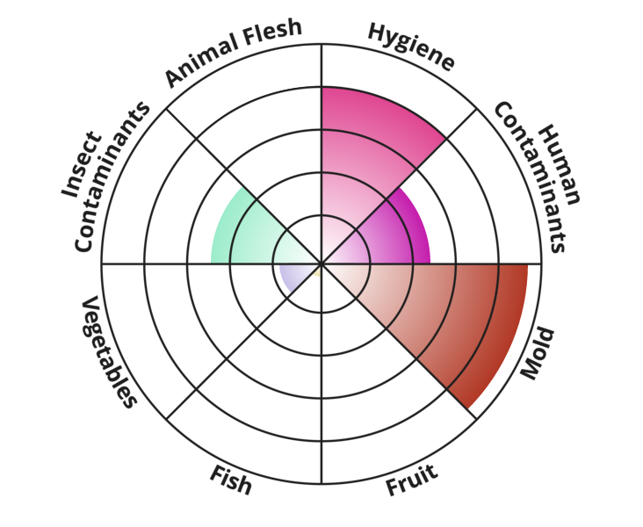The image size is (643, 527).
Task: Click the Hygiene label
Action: [x=411, y=47]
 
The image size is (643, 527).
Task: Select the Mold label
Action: [x=538, y=353]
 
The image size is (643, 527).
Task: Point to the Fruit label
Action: [x=412, y=480]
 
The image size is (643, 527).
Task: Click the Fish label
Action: [x=230, y=480]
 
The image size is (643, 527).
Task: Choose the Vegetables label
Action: [x=109, y=352]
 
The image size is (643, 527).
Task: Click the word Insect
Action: [x=81, y=164]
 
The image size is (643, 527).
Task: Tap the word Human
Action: [x=560, y=165]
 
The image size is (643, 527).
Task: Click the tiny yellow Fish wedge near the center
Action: [x=317, y=272]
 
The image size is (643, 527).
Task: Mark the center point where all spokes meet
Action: [x=321, y=263]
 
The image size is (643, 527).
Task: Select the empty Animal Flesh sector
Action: [x=263, y=123]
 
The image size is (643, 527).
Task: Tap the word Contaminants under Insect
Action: [x=112, y=177]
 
